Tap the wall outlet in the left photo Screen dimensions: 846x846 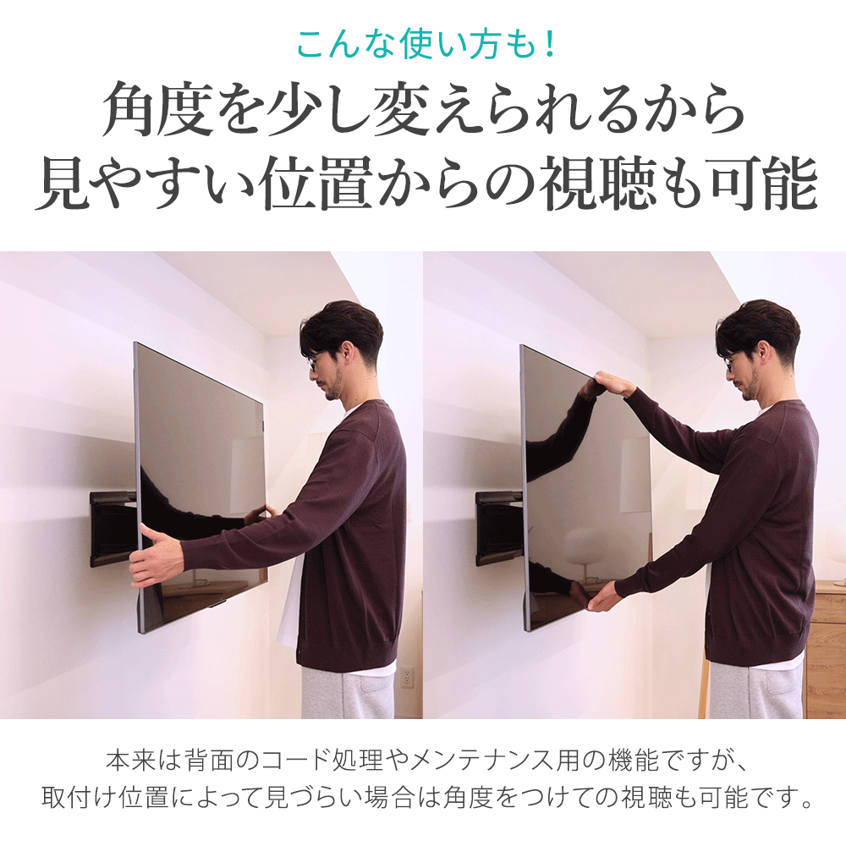coord(407,677)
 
